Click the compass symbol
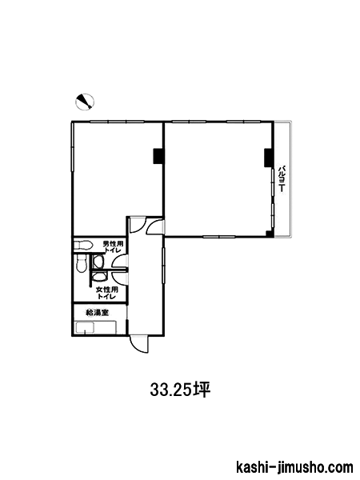[85, 102]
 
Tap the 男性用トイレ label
[113, 246]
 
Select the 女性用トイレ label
[107, 293]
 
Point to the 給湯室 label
[98, 313]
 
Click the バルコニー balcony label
[282, 179]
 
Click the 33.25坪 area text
[180, 390]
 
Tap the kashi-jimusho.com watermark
[294, 468]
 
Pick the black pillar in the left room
[158, 156]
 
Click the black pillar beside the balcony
[268, 158]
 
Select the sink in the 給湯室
[95, 327]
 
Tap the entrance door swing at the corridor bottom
[138, 344]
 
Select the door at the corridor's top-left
[137, 225]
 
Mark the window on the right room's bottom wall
[219, 236]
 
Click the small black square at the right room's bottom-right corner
[269, 234]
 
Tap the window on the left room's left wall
[73, 147]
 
